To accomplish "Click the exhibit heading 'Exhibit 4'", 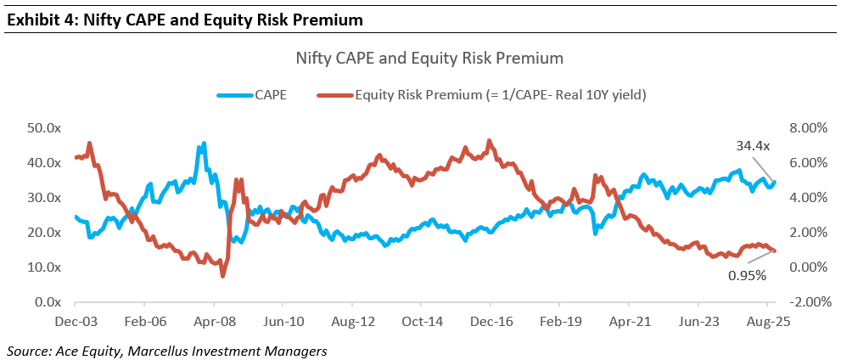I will [38, 17].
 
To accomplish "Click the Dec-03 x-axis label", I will [75, 323].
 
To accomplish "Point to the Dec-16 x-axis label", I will [490, 323].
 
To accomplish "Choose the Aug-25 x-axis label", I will [766, 323].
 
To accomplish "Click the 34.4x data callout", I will [753, 146].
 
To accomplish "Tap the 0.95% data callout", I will [748, 275].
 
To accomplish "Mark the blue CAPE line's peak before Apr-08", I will [204, 143].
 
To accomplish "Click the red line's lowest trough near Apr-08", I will [222, 276].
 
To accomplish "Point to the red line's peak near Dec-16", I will [489, 140].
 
